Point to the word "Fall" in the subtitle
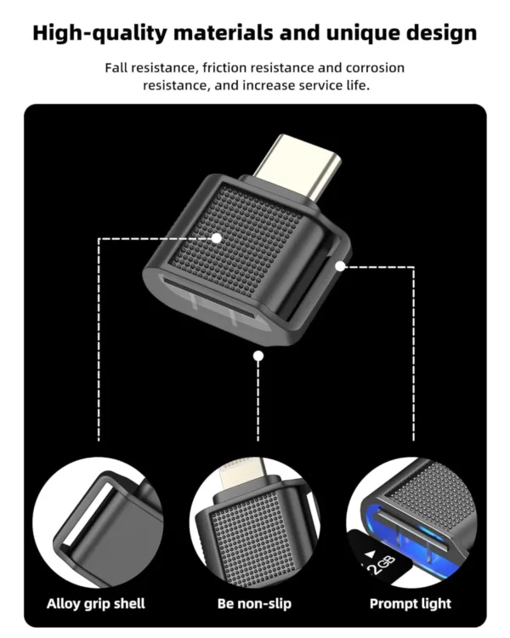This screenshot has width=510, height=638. (116, 67)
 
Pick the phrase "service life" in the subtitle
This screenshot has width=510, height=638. (332, 86)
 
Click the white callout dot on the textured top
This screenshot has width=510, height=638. (218, 239)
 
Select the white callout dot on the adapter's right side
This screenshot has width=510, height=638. (340, 265)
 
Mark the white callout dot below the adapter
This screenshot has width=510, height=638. (258, 356)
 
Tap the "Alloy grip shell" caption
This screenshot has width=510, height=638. (97, 604)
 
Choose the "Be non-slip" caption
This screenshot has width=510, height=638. (254, 604)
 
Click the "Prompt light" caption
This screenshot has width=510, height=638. (411, 604)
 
